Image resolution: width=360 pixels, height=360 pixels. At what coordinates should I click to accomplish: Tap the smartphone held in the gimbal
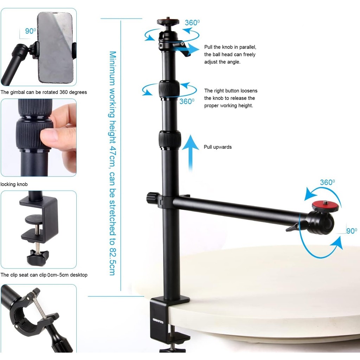pos(55,47)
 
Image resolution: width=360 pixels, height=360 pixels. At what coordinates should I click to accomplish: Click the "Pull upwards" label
pos(218,147)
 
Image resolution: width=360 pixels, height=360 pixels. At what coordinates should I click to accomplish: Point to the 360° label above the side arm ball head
pos(327,182)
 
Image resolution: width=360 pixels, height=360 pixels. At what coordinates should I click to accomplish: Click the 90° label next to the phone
pos(31,31)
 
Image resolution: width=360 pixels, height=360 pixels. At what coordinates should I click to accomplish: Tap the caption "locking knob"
pos(14,184)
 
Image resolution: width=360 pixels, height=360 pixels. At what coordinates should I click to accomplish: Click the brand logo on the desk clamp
pos(158,321)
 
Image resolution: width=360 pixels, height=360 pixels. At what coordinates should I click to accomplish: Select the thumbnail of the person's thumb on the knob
pos(39,137)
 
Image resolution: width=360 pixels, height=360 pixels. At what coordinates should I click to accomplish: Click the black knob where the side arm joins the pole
pos(152,198)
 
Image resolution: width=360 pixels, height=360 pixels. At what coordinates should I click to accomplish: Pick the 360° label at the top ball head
pos(192,22)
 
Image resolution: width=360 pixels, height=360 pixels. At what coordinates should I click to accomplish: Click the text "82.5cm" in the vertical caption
pos(112,261)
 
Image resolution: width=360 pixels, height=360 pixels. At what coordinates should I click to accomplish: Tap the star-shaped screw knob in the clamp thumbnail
pos(37,257)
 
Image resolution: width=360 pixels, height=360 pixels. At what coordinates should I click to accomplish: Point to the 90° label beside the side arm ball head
pos(352,231)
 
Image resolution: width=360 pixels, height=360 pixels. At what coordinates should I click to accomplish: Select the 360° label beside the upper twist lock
pos(187,101)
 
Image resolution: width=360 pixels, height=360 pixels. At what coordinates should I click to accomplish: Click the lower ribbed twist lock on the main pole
pos(170,139)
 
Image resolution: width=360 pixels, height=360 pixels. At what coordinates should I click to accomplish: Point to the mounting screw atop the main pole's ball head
pos(168,18)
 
